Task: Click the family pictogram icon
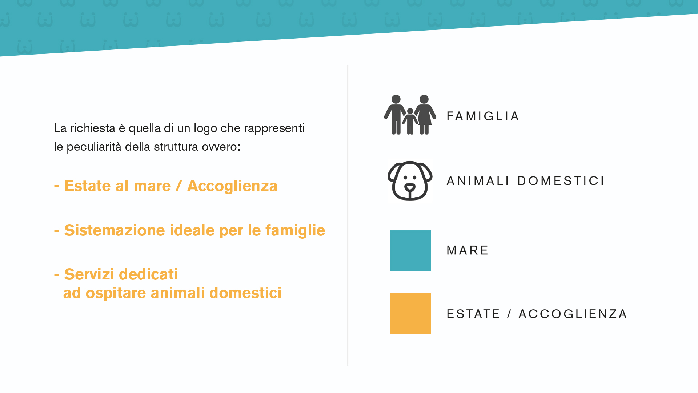tap(410, 115)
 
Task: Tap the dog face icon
tap(410, 180)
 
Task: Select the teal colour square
tap(410, 251)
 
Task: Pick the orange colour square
tap(410, 314)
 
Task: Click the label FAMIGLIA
tap(483, 116)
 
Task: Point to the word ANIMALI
tap(478, 181)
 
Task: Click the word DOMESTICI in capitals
tap(561, 181)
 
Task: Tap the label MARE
tap(468, 250)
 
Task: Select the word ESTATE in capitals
tap(473, 314)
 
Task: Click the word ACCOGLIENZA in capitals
tap(573, 314)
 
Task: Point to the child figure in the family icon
tap(410, 121)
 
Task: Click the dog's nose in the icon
tap(410, 188)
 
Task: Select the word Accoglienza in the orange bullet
tap(232, 186)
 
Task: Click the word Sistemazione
tap(115, 230)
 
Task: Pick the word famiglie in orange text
tap(295, 231)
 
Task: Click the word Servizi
tap(88, 274)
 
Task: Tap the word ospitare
tap(116, 293)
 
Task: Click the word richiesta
tap(93, 128)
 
